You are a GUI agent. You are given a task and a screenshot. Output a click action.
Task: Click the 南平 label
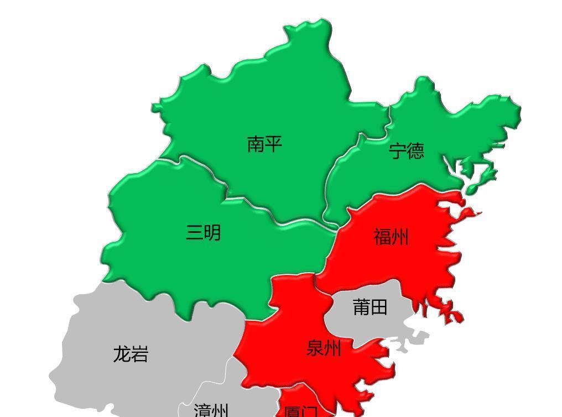[x=264, y=144]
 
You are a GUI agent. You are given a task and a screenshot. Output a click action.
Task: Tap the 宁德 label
[x=407, y=150]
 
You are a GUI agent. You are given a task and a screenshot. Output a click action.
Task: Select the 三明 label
[x=203, y=232]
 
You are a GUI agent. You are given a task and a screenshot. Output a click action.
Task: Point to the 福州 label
[x=391, y=237]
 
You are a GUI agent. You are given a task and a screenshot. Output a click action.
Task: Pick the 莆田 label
[x=370, y=307]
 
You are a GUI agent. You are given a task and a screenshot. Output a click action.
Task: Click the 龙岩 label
[x=131, y=354]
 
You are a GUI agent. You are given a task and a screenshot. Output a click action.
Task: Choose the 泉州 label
[x=324, y=348]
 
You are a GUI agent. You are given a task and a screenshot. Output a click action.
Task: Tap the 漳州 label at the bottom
[x=211, y=411]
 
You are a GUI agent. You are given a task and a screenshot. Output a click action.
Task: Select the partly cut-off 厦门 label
[x=300, y=411]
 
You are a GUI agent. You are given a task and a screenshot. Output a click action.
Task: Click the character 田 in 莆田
[x=379, y=307]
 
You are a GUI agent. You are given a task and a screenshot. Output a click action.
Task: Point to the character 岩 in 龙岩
[x=139, y=354]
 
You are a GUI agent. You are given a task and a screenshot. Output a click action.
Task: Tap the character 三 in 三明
[x=194, y=232]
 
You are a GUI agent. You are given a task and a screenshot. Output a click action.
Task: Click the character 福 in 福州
[x=382, y=237]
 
